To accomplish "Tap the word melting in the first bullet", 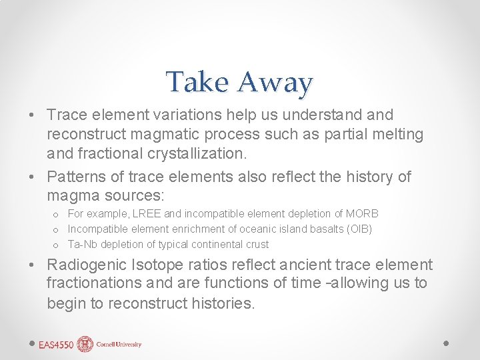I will click(x=397, y=134).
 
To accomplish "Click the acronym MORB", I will click(x=363, y=214).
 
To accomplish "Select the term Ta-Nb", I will click(x=82, y=245).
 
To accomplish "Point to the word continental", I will click(x=215, y=245).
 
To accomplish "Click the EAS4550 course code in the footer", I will click(x=56, y=345).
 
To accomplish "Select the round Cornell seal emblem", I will click(x=85, y=344).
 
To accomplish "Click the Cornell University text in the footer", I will click(x=118, y=345).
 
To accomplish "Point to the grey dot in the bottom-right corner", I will click(x=446, y=343).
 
